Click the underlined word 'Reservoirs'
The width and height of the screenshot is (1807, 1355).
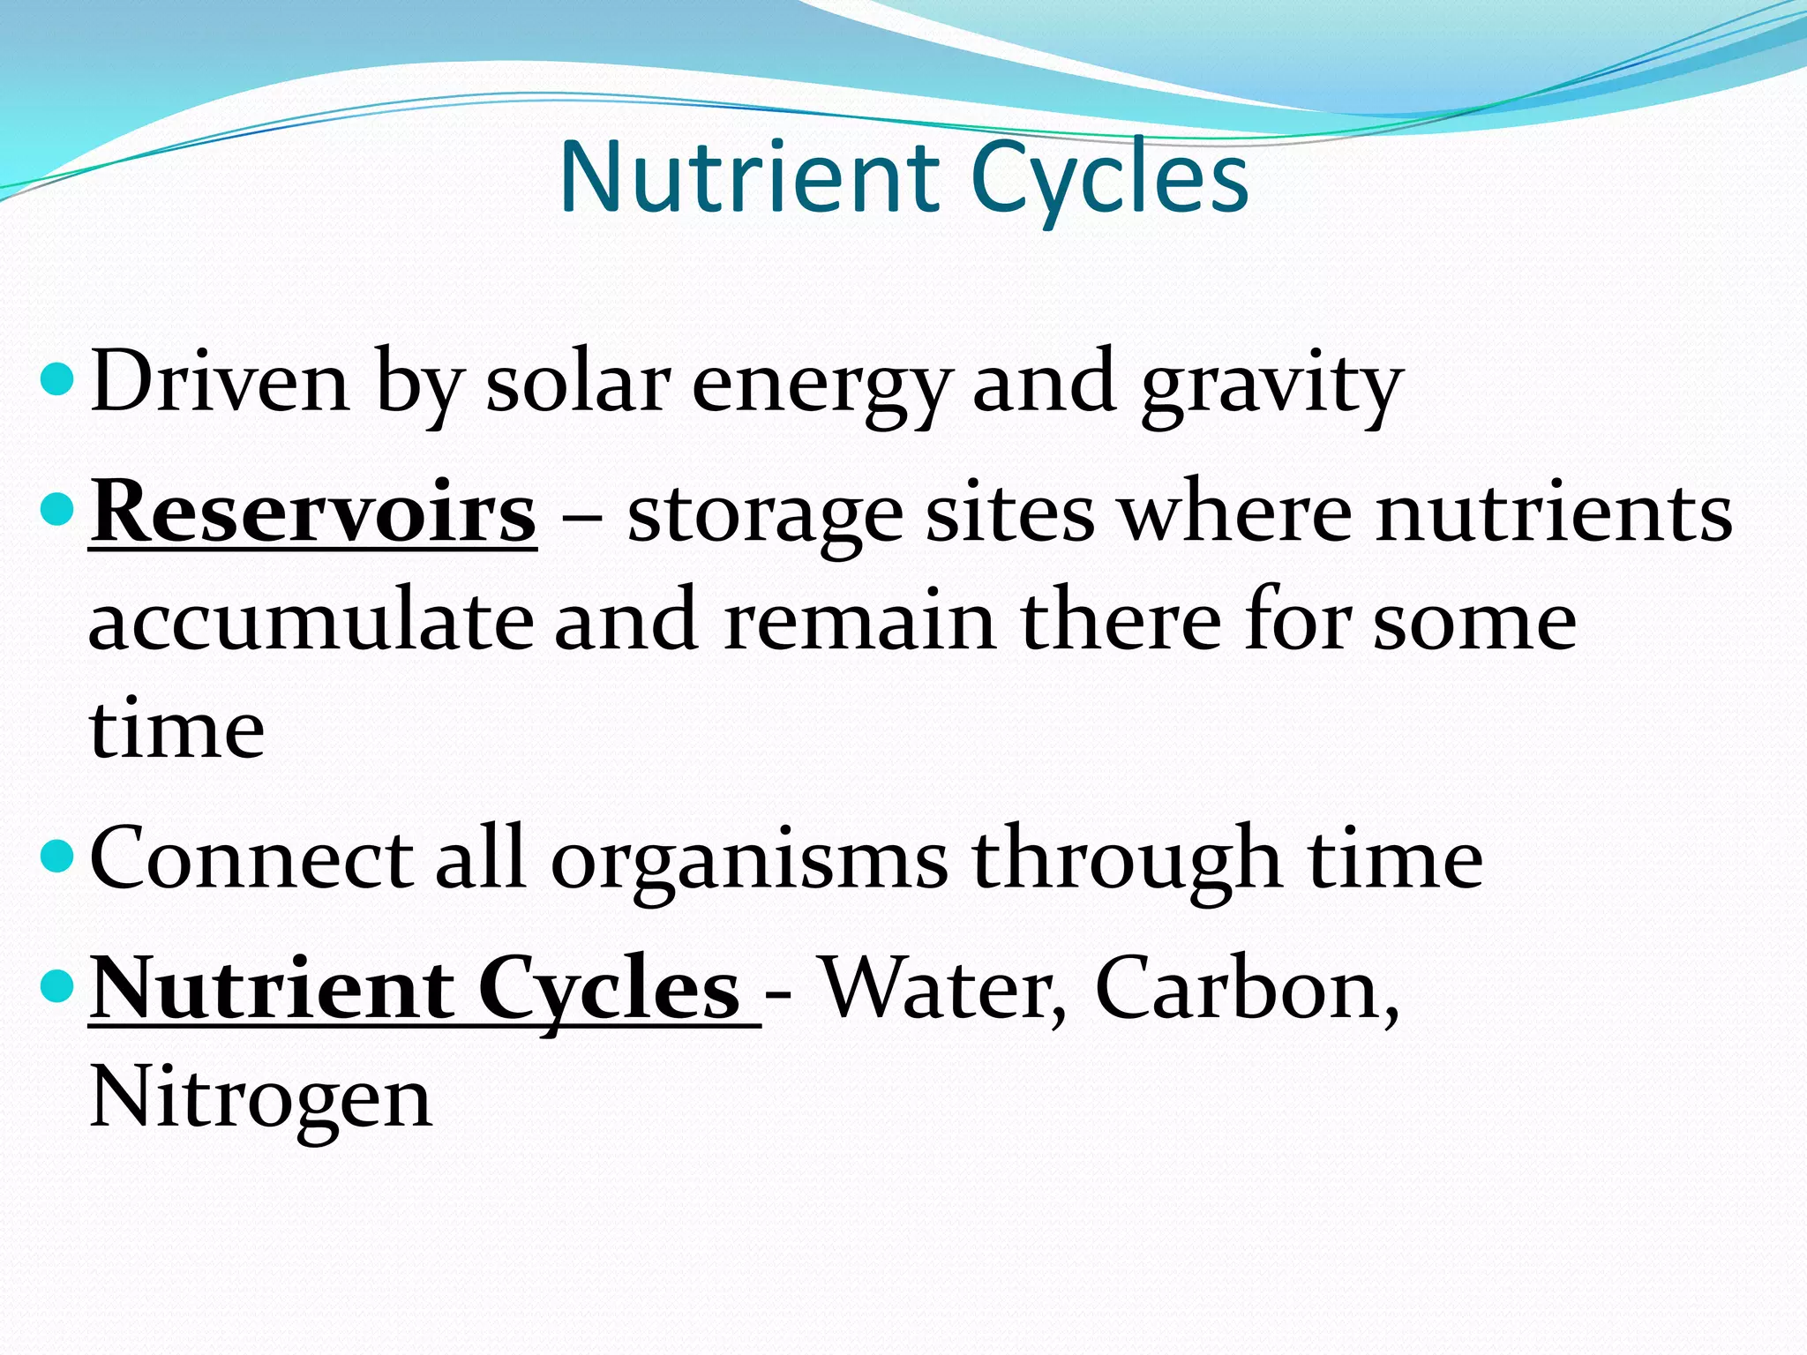tap(312, 513)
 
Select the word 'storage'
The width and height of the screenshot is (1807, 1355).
tap(765, 516)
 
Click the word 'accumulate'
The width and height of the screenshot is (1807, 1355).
tap(311, 622)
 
